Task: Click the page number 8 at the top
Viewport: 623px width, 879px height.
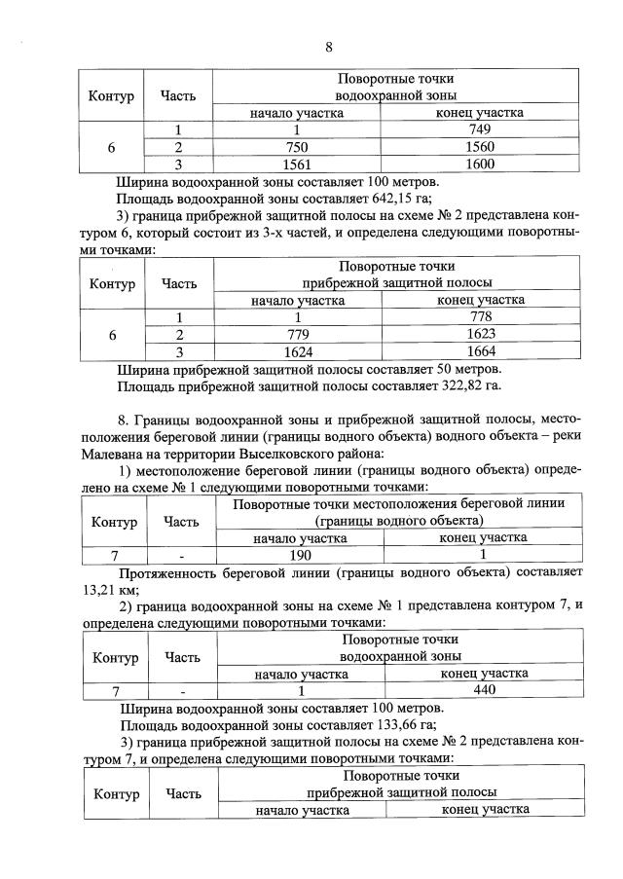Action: pos(329,46)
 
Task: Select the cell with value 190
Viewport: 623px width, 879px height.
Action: pos(300,554)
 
